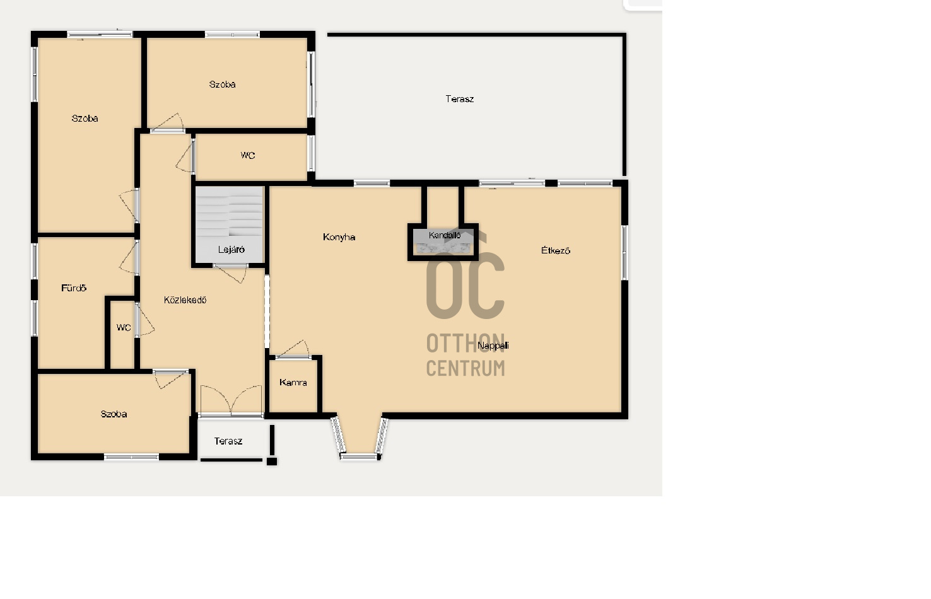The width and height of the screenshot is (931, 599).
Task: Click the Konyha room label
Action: [339, 237]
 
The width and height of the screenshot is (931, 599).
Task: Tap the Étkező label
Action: [555, 250]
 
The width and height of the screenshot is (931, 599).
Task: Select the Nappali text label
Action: [493, 346]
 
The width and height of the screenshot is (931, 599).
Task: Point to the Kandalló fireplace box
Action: [443, 242]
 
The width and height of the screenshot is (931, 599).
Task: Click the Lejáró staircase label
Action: [231, 250]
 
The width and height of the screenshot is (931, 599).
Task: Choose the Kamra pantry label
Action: [293, 383]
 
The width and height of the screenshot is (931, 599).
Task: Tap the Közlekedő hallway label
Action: [185, 300]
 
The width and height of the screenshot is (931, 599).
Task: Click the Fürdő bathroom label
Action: [74, 288]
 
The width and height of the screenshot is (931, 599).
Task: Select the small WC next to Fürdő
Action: [124, 328]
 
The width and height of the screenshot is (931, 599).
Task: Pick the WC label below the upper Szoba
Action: [248, 155]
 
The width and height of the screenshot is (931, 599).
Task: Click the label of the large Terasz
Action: [459, 99]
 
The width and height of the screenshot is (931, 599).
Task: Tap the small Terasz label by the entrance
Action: [228, 441]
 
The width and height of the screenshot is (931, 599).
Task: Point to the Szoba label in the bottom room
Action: [114, 414]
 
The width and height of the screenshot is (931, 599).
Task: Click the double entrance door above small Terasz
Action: [231, 400]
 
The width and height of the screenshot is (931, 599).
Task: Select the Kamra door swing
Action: [293, 349]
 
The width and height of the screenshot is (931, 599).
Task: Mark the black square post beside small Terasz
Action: [272, 461]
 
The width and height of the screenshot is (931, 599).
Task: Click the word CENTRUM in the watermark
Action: [465, 368]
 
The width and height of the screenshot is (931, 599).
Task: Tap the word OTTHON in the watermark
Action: [465, 343]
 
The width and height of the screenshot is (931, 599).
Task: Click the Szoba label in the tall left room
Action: [85, 119]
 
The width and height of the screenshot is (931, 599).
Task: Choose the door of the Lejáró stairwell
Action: [230, 273]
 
